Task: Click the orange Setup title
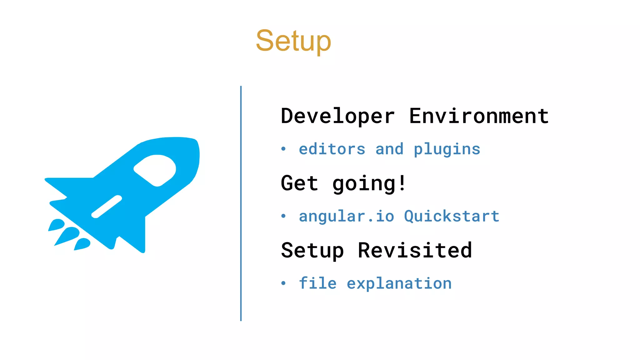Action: point(293,41)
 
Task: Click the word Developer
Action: point(337,116)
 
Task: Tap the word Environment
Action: point(479,116)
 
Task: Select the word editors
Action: point(332,149)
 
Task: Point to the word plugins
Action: point(447,150)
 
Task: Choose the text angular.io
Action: point(346,216)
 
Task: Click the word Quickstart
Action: point(452,216)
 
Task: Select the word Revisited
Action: point(415,250)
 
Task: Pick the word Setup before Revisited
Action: point(312,251)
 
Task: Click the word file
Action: point(317,283)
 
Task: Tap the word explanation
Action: point(399,284)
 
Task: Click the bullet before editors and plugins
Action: point(283,149)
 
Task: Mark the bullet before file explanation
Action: point(283,283)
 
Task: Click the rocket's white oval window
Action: point(155,170)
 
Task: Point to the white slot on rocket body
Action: point(107,207)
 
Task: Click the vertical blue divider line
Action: point(241,203)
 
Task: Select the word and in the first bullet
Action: point(389,149)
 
